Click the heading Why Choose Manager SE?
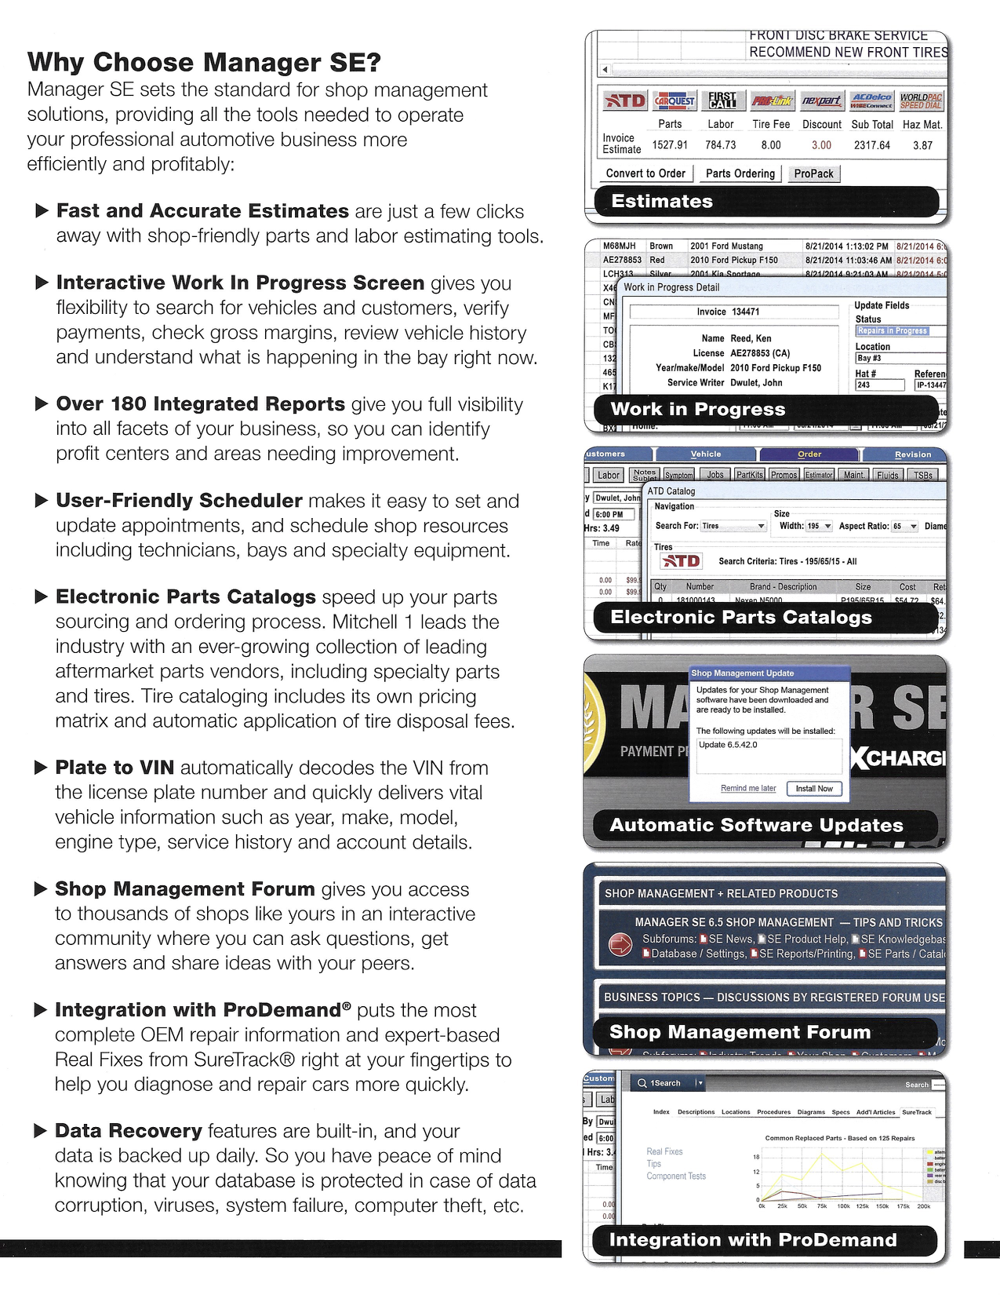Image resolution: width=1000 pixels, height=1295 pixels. pos(204,62)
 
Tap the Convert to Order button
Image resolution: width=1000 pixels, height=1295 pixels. pos(645,173)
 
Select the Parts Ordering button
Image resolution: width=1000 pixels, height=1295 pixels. pos(740,173)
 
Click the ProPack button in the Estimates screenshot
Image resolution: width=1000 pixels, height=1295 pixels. pos(813,173)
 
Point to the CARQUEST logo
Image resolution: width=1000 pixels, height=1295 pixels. pos(675,101)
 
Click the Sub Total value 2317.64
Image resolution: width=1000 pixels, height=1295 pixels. pos(872,145)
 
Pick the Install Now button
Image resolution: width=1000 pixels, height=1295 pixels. pos(814,789)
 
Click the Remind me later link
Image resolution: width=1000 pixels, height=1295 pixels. pos(748,788)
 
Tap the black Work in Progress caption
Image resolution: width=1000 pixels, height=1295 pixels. pos(697,409)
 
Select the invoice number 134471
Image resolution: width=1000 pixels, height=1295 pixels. pos(745,312)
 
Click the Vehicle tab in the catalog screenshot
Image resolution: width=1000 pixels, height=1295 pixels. pos(706,454)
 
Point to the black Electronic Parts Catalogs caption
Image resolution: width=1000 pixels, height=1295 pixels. pos(741,617)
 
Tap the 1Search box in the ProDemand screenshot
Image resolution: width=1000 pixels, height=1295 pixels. pos(666,1083)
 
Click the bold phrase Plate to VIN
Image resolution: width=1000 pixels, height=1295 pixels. pos(115,768)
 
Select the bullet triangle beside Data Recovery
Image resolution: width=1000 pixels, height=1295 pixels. pos(42,1131)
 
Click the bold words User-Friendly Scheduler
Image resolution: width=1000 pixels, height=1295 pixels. pos(179,501)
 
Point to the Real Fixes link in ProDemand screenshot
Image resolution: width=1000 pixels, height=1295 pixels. pos(664,1151)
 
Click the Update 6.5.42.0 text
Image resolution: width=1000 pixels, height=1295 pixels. pos(728,745)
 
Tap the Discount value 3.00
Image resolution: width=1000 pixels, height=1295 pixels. pos(821,145)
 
